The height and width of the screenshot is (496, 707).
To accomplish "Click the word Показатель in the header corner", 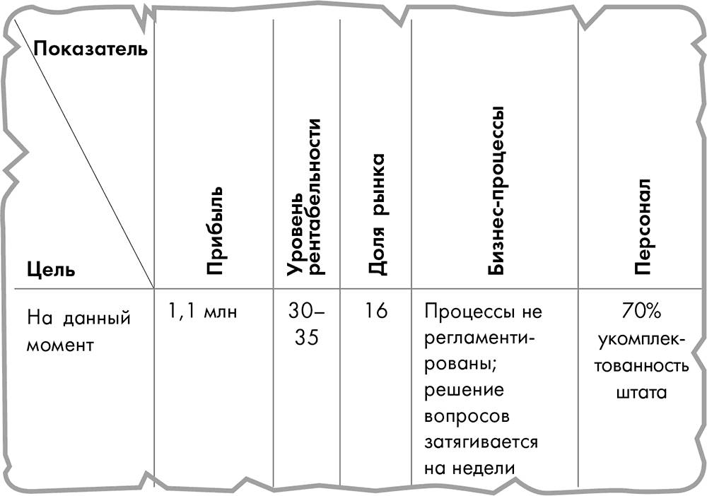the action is tap(90, 48).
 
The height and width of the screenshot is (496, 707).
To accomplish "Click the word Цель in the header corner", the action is tap(51, 270).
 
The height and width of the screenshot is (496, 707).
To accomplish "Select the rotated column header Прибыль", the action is tap(214, 230).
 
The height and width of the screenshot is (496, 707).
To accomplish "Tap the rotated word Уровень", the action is tap(295, 235).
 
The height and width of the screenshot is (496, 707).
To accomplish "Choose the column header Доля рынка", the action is tap(377, 214).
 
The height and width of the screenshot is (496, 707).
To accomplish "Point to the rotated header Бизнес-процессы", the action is tap(496, 191).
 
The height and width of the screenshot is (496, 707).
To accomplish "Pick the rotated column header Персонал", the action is tap(643, 227).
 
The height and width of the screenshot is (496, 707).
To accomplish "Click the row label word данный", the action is tap(96, 319).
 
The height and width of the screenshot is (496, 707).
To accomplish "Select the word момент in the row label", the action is tap(60, 345).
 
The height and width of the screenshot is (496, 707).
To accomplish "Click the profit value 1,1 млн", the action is tap(202, 311).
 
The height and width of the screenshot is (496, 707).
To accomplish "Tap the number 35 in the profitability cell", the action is tap(307, 337).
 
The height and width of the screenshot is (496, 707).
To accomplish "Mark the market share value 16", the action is tap(376, 311).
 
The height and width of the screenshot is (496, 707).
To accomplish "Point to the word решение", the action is tap(464, 390).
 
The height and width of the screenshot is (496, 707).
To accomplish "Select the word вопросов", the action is tap(467, 416).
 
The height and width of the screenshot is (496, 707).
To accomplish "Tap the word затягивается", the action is tap(481, 442).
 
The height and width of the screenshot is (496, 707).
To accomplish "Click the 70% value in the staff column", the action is tap(641, 311).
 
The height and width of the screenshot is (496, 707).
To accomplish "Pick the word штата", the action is tap(641, 392).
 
